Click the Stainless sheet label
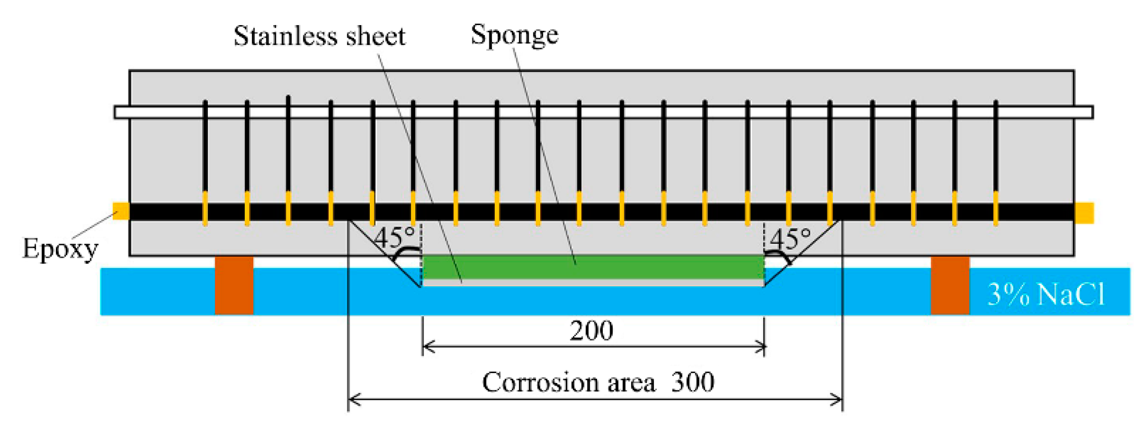point(319,36)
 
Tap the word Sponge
point(514,35)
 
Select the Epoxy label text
point(60,249)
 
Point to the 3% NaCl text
point(1046,294)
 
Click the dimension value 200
point(591,330)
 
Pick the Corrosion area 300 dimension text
point(598,382)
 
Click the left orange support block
point(234,285)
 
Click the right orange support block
point(950,285)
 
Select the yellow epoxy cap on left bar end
point(121,211)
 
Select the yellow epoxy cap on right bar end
point(1084,213)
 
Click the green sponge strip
point(592,266)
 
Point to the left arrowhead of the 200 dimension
point(426,346)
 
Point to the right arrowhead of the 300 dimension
point(838,400)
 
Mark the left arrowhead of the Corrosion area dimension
point(352,400)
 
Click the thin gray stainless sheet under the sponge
point(592,283)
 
